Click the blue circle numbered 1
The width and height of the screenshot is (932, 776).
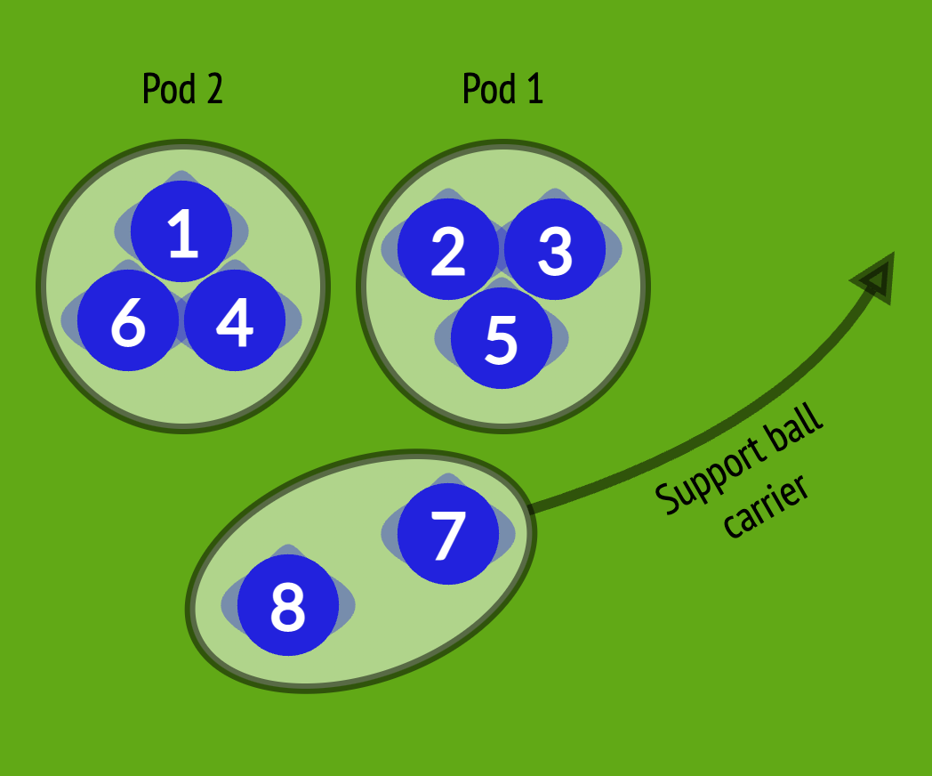coord(181,231)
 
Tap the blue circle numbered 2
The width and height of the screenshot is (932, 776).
coord(447,249)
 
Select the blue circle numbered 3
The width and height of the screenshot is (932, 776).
coord(555,249)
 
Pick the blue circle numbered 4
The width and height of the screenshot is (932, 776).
coord(235,320)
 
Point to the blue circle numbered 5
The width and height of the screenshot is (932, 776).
coord(501,338)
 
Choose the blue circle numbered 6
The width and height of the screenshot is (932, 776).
coord(128,320)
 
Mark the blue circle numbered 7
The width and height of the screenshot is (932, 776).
coord(447,534)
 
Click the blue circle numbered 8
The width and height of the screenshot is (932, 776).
coord(287,605)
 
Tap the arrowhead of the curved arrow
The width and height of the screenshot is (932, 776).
coord(876,278)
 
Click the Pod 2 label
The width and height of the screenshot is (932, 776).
coord(182,89)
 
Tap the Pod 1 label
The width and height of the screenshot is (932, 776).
coord(502,89)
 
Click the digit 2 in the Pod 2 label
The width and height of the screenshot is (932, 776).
coord(213,90)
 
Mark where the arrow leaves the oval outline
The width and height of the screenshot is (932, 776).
coord(531,510)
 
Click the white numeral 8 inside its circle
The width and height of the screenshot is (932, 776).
coord(287,605)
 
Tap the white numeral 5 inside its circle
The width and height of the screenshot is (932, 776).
coord(501,338)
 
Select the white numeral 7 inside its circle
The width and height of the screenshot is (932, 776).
coord(447,534)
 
